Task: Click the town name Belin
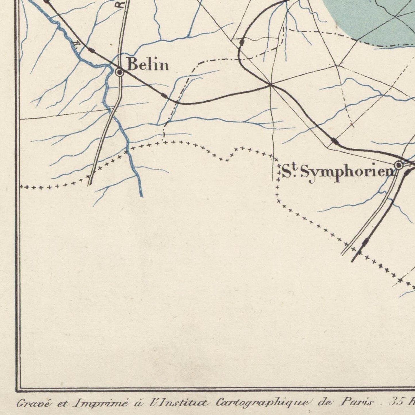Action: (148, 65)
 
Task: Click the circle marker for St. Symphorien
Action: (399, 165)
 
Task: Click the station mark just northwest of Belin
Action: (91, 51)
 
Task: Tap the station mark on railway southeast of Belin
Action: (164, 95)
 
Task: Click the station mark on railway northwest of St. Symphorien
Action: (334, 141)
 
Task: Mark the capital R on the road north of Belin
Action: (122, 4)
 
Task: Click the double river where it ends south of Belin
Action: (141, 195)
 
